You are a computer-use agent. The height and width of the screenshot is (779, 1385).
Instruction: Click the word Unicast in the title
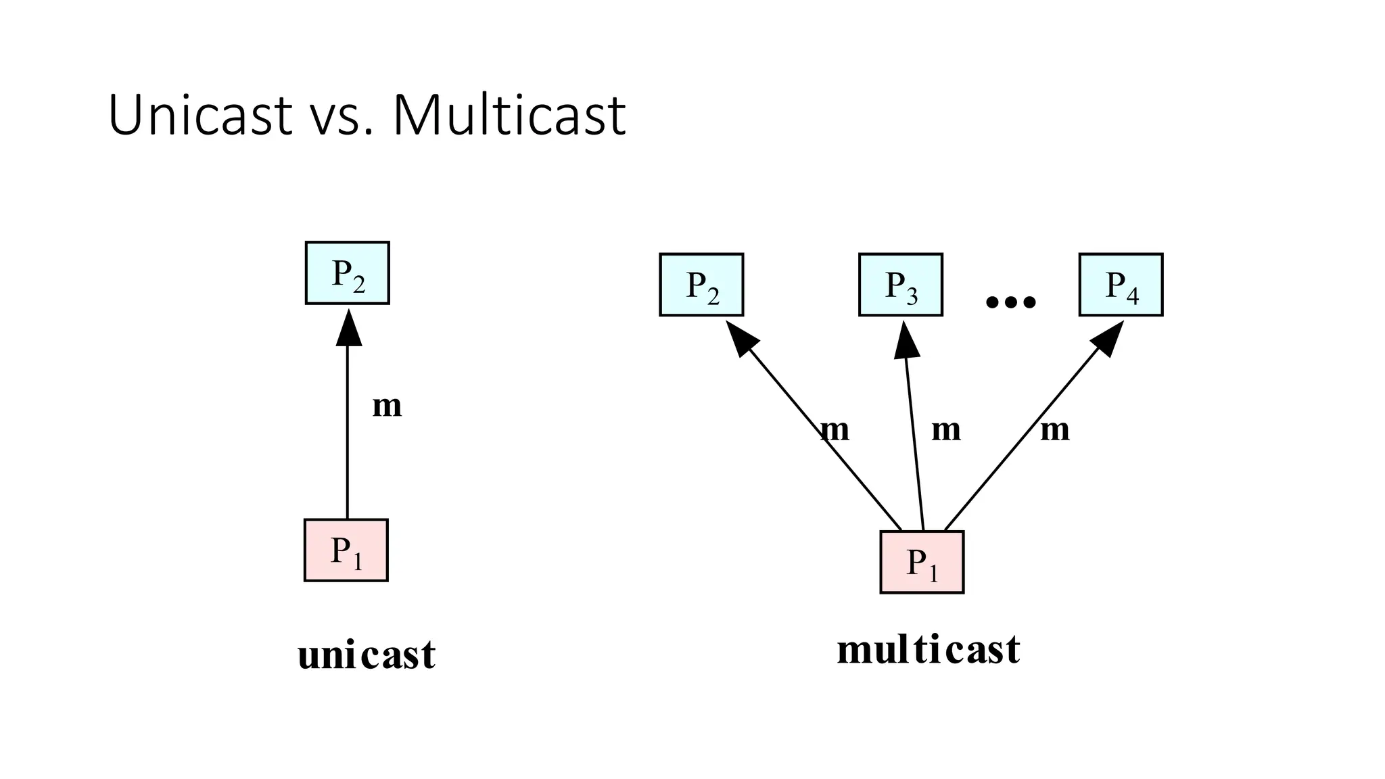(199, 116)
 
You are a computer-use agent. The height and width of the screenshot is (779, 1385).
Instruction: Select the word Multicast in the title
(509, 116)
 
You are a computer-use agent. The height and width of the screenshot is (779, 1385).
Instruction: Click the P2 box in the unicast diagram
(347, 273)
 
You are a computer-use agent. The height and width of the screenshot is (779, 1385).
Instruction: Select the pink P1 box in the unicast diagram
(346, 550)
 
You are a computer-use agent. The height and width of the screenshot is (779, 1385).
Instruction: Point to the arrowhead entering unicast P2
(348, 329)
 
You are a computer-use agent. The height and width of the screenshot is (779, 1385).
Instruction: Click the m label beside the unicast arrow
(387, 406)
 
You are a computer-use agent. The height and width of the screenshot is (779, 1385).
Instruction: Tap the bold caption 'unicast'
(366, 655)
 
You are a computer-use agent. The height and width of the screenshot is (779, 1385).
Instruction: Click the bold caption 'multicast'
(928, 649)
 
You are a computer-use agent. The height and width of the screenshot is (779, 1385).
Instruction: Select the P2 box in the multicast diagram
(701, 285)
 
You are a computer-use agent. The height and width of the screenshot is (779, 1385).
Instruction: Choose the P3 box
(900, 285)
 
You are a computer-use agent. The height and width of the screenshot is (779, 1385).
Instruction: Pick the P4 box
(1121, 285)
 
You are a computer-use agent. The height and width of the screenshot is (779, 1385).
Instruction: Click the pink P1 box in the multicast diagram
(922, 562)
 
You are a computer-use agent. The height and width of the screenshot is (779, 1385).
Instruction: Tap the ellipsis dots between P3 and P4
(1010, 302)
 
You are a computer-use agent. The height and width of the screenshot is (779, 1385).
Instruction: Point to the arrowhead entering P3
(906, 341)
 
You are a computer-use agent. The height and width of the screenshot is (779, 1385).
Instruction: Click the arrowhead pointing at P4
(1106, 339)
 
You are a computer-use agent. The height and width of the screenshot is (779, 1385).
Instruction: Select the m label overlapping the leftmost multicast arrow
(835, 430)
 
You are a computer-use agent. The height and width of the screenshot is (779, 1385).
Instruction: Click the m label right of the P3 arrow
(945, 430)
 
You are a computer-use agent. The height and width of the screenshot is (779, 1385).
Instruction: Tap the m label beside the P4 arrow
(1054, 430)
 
